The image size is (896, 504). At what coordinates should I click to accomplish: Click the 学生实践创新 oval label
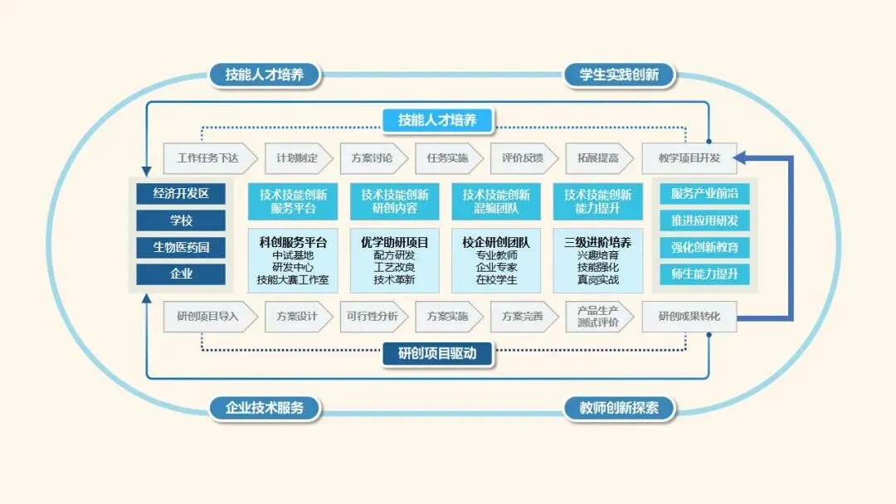point(619,75)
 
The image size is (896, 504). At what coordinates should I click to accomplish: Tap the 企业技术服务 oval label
point(264,408)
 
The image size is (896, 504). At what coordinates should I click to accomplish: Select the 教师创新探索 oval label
point(619,408)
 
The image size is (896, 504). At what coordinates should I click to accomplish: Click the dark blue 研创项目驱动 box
point(437,354)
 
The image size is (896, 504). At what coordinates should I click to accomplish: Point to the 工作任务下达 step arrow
point(207,157)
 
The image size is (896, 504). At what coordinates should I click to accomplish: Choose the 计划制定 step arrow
point(296,157)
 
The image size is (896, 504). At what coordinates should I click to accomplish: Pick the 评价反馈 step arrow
point(522,157)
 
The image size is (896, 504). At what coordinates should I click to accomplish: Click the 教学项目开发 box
point(689,157)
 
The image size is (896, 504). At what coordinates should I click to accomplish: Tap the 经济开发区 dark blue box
point(181,194)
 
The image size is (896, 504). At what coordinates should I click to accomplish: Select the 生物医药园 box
point(181,247)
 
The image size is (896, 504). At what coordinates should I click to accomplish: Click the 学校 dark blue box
point(181,220)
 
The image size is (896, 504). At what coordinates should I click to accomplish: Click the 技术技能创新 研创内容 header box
point(395,201)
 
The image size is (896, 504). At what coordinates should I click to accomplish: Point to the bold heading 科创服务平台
point(293,243)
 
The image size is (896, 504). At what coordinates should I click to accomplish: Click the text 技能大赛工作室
point(293,280)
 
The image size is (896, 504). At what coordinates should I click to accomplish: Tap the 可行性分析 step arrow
point(370,316)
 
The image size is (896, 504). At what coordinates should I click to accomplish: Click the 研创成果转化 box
point(689,316)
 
